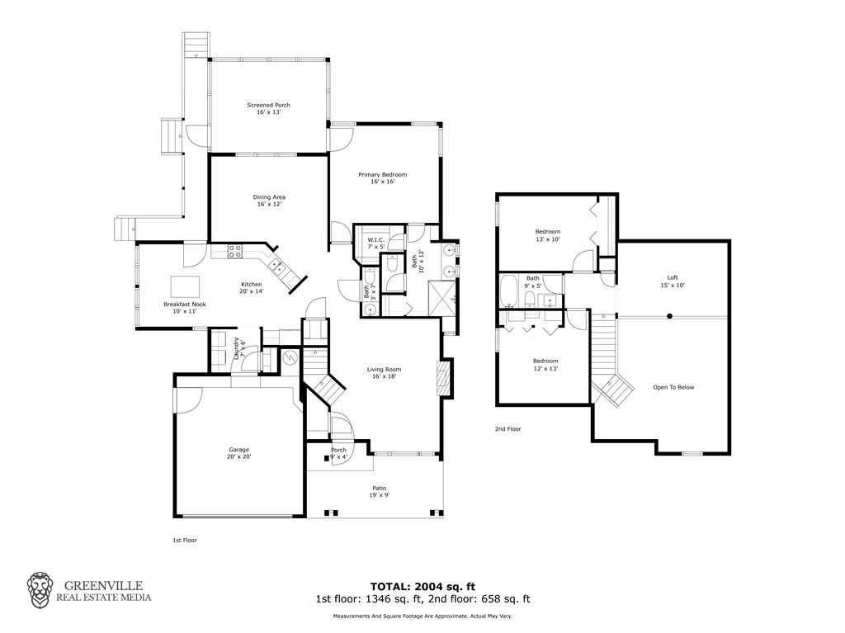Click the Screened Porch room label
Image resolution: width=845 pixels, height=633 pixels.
(268, 108)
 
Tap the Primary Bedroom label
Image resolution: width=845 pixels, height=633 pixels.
(382, 177)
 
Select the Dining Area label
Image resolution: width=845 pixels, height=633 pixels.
(268, 201)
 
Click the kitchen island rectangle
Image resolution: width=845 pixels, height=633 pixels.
(186, 286)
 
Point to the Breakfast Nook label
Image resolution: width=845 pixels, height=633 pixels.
(184, 308)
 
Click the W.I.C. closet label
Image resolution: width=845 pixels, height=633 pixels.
(375, 243)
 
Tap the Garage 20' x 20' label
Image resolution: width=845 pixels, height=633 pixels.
(238, 453)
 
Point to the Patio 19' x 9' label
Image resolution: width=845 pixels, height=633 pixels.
(379, 491)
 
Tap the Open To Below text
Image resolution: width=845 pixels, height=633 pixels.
(673, 387)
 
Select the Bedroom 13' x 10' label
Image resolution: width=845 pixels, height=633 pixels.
(547, 235)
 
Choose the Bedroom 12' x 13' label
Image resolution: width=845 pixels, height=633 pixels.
(545, 365)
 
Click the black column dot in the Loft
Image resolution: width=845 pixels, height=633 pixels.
(669, 315)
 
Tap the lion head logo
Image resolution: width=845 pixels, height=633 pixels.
(41, 589)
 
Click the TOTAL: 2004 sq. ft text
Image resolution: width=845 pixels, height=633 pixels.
(422, 587)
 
